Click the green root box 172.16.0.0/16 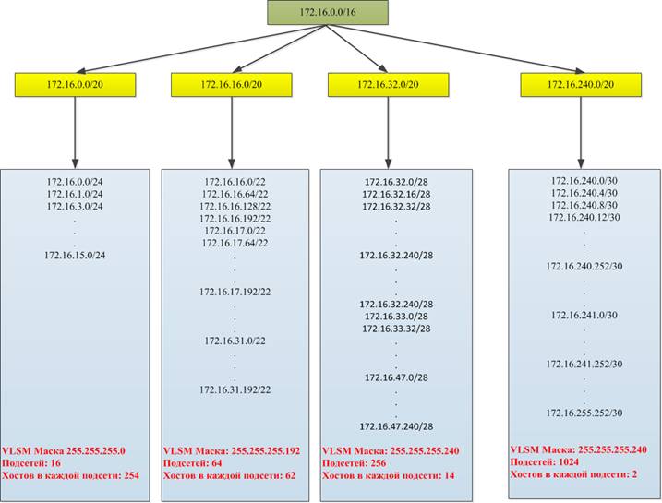[x=328, y=12]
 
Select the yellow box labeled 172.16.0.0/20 [x=75, y=84]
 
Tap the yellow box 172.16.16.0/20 [x=232, y=84]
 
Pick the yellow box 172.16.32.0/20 [x=389, y=84]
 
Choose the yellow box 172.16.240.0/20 [x=581, y=84]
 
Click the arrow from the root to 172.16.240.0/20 [x=455, y=49]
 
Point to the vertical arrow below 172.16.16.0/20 [x=232, y=133]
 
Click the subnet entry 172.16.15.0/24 [x=75, y=256]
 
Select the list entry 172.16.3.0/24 [x=75, y=207]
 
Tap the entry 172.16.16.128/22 [x=235, y=207]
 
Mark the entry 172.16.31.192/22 [x=235, y=389]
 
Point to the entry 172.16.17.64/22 [x=235, y=243]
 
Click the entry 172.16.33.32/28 [x=396, y=329]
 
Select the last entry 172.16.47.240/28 [x=396, y=426]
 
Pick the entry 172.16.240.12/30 [x=584, y=217]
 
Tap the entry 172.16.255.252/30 [x=584, y=413]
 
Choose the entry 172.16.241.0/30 [x=584, y=316]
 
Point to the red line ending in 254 [x=70, y=475]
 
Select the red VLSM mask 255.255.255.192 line [x=232, y=450]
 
